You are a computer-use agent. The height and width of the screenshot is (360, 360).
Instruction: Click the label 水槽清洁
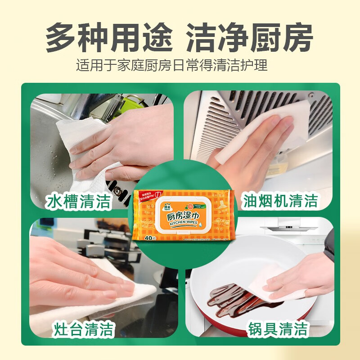coord(79,202)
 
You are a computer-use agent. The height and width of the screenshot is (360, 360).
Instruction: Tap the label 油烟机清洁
coord(280,200)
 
